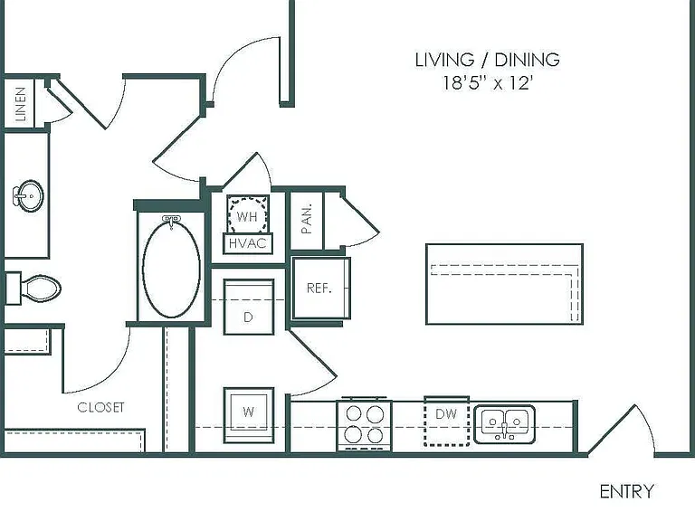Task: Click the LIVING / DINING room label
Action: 488,60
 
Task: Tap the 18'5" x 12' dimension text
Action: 488,83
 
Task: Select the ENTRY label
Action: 627,491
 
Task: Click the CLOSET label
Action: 100,407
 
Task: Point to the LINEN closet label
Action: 21,104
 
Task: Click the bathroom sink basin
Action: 29,195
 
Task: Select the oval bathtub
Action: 172,268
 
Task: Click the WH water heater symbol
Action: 248,213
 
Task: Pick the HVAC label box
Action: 248,243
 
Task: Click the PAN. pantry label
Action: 307,219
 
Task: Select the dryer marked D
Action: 249,307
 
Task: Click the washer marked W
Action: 249,415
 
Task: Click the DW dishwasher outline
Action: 447,421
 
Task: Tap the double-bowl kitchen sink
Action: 504,424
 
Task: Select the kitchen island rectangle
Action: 504,284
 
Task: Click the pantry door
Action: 361,217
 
